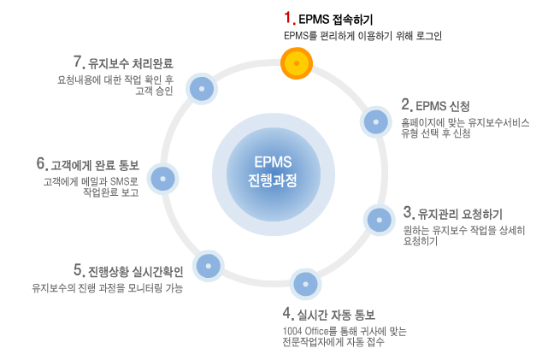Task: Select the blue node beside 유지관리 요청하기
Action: coord(379,219)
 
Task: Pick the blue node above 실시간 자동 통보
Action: coord(305,282)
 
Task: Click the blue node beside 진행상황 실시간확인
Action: coord(208,266)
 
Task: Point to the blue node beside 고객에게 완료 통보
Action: coord(162,179)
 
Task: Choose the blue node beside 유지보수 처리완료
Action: coord(202,88)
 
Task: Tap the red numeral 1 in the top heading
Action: coord(289,17)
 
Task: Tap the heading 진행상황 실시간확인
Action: coord(134,271)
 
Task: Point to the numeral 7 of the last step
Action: coord(78,62)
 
